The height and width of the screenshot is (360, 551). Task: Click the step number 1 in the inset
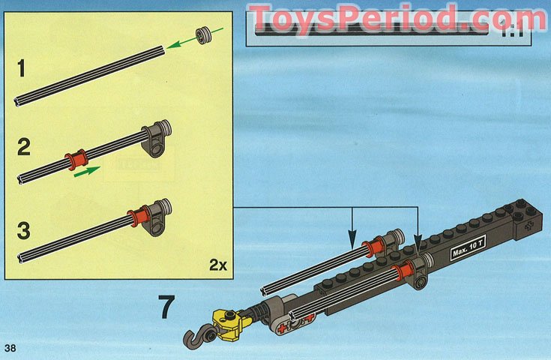tap(22, 70)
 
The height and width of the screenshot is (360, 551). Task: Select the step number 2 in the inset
tap(23, 146)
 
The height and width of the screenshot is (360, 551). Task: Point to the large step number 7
tap(167, 307)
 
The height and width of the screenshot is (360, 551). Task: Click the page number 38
tap(10, 347)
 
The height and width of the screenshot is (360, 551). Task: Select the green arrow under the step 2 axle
tap(88, 171)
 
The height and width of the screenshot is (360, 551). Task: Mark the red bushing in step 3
tap(136, 218)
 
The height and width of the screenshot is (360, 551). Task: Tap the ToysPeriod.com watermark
tap(397, 17)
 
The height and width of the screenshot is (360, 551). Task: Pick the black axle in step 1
tap(90, 76)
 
